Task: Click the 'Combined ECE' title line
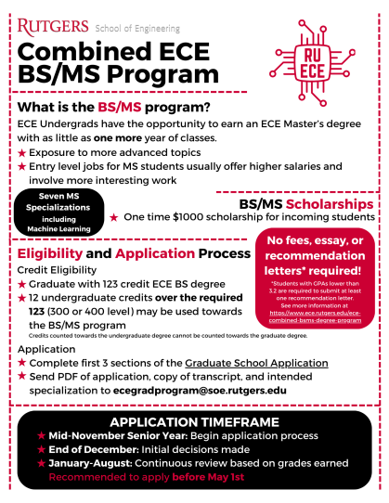pos(110,51)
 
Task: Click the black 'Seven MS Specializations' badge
pos(58,211)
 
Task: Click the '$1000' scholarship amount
pos(194,216)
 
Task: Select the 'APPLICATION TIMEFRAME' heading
pos(196,422)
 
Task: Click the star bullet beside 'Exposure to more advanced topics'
pos(22,151)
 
